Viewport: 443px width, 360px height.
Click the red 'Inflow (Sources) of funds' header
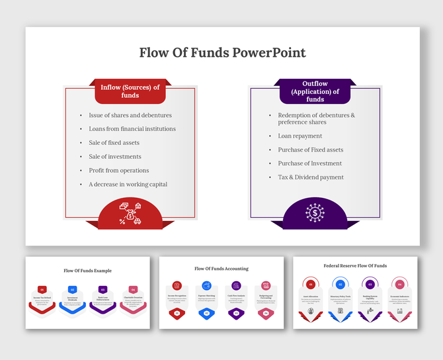click(130, 91)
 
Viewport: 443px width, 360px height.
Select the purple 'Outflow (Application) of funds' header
click(315, 92)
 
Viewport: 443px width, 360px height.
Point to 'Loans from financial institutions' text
click(132, 129)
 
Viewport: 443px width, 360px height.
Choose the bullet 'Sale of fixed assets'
click(114, 143)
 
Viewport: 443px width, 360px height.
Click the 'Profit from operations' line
click(119, 171)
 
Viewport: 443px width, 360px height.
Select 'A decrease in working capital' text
click(128, 185)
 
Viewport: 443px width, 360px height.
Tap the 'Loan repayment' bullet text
click(300, 136)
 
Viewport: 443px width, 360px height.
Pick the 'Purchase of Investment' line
click(310, 163)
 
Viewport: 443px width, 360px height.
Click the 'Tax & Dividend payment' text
click(311, 177)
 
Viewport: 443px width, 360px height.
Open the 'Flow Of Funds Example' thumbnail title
click(88, 271)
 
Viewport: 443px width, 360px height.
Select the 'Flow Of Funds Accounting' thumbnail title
click(221, 269)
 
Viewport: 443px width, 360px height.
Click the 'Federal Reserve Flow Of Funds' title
click(355, 266)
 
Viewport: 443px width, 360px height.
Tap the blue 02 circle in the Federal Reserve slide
click(341, 285)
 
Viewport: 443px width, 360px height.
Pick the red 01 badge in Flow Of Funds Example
click(42, 289)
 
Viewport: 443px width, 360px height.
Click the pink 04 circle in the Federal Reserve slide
click(399, 285)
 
